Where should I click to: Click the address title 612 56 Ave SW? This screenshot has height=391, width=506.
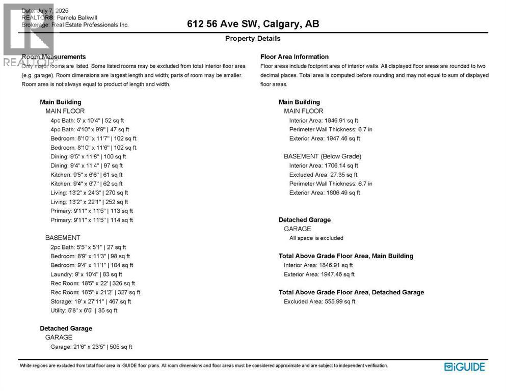pos(253,24)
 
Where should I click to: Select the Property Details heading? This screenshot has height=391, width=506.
pos(253,39)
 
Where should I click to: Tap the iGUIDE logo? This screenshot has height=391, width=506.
pos(464,367)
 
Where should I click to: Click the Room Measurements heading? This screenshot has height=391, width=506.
pos(54,57)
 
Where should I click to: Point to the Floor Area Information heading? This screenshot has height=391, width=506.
pos(295,57)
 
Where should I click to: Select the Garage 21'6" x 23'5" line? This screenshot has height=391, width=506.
pos(91,347)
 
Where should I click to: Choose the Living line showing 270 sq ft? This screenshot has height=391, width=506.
pos(89,193)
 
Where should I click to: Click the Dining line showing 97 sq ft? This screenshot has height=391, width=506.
pos(87,165)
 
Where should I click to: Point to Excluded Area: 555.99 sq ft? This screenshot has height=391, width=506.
pos(319,301)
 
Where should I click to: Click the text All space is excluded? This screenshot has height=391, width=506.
pos(316,238)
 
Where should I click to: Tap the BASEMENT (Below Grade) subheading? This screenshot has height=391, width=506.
pos(323,156)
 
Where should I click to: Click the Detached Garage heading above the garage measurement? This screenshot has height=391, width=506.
pos(66,328)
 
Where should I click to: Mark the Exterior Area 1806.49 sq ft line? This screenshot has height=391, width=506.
pos(325,193)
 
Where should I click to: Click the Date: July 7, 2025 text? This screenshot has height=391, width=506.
pos(45,11)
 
